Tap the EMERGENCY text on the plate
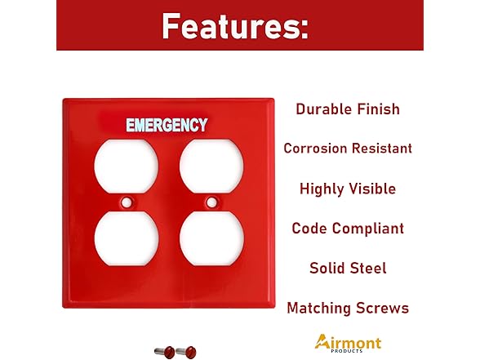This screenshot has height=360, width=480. (167, 126)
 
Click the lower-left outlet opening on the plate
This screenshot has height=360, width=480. (115, 236)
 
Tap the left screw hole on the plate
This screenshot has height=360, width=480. (127, 201)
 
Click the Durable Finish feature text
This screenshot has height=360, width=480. (348, 109)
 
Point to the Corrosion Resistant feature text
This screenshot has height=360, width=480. (348, 149)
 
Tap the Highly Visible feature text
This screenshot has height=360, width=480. (348, 189)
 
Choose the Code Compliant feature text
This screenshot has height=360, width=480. (348, 229)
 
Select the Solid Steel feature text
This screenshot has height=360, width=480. (348, 268)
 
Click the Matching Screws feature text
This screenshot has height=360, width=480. (348, 308)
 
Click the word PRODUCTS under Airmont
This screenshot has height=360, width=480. (354, 352)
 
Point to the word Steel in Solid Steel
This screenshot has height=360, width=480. (367, 268)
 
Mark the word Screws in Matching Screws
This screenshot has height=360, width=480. (381, 308)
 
